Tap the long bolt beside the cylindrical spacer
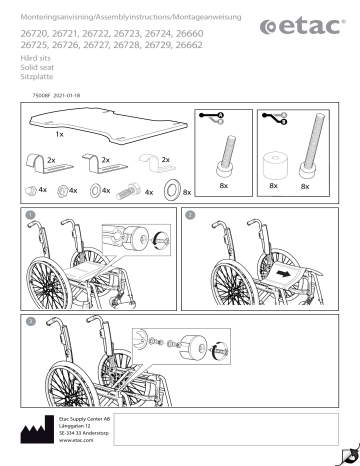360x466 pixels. [305, 150]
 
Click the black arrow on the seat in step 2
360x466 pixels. [287, 270]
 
